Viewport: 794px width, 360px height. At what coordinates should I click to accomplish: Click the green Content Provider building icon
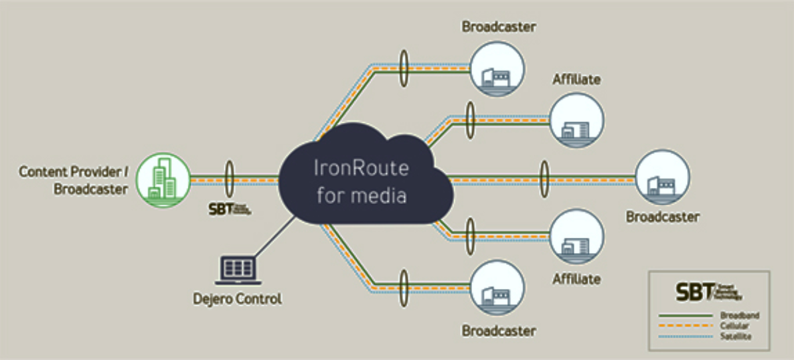[x=162, y=180]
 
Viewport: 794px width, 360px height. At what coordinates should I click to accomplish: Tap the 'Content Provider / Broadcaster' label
[x=73, y=180]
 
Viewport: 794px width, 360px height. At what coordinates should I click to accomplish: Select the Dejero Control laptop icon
[x=236, y=270]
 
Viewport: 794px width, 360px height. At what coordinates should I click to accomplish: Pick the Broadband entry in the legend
[x=739, y=316]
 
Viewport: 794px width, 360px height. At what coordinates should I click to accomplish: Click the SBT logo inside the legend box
[x=708, y=292]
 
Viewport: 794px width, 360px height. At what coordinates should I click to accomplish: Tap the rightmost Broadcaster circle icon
[x=662, y=179]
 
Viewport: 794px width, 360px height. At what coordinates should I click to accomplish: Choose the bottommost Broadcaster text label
[x=499, y=330]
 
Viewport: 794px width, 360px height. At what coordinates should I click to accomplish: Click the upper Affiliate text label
[x=576, y=80]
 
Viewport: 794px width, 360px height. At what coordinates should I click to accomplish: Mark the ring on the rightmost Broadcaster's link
[x=545, y=179]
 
